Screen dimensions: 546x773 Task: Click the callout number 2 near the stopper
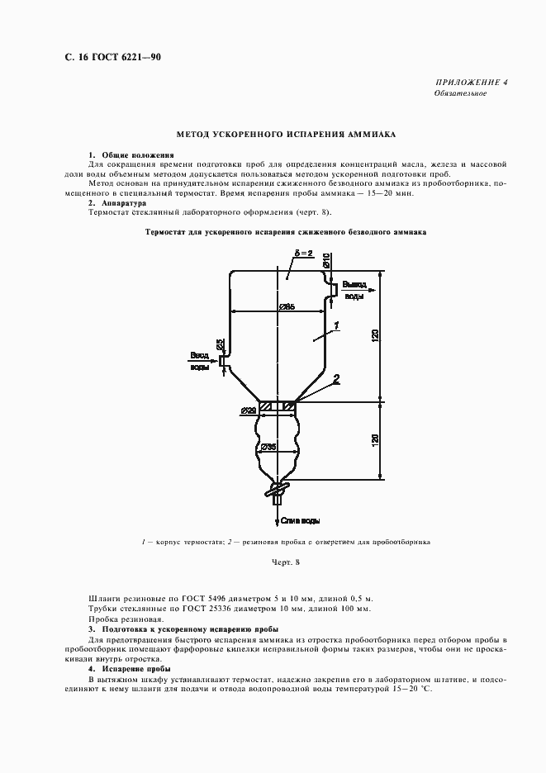336,379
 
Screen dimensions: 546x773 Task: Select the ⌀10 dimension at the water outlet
327,260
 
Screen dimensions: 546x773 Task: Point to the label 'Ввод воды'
200,361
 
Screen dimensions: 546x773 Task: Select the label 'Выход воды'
354,288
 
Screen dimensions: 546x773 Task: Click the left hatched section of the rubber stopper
268,406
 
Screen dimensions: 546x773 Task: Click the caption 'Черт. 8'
285,562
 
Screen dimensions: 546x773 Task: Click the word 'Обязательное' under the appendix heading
460,93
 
